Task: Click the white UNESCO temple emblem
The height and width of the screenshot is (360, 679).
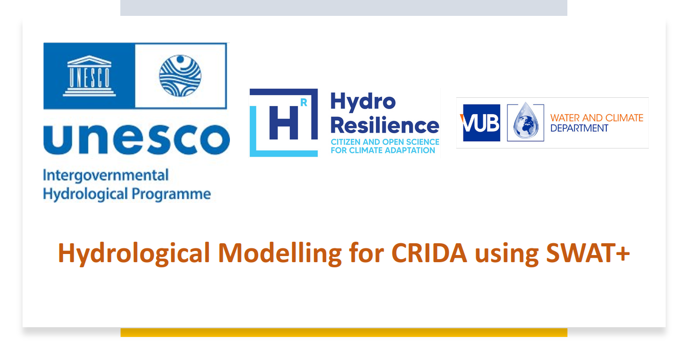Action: [89, 76]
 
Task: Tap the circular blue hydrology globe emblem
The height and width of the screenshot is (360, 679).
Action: [180, 76]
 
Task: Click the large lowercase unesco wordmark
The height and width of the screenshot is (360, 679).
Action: [136, 140]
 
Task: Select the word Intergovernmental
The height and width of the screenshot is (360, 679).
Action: [106, 176]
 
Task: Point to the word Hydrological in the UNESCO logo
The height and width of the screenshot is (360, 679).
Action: [86, 194]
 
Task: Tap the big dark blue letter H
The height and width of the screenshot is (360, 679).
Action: [284, 123]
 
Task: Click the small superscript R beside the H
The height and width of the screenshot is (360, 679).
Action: [304, 102]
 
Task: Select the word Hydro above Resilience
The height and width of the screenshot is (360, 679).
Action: [363, 102]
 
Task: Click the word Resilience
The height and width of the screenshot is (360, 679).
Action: [385, 125]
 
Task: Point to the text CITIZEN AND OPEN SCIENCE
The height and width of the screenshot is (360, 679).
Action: [385, 142]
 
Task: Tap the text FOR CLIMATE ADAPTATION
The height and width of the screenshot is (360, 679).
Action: [383, 151]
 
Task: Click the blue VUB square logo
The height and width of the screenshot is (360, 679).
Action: [481, 123]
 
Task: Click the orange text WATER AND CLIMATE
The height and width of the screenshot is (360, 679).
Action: [597, 118]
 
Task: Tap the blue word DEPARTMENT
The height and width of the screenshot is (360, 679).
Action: [579, 128]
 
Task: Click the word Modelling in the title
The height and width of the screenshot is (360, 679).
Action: [280, 253]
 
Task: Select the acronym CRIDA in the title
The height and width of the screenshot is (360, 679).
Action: [429, 253]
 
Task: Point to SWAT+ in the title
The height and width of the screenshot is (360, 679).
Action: [588, 253]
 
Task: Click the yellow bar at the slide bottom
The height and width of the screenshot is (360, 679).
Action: [344, 332]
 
